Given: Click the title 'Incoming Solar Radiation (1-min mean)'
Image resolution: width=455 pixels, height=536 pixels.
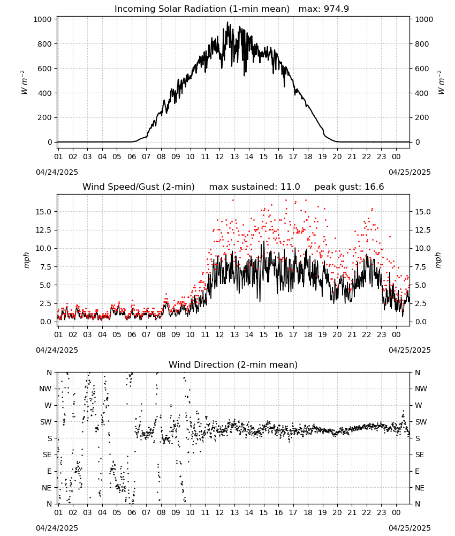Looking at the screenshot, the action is click(202, 9).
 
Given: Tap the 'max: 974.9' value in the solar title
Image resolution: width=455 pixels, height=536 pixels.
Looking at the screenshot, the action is click(324, 9).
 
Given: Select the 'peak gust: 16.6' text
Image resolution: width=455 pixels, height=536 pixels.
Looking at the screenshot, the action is click(349, 187).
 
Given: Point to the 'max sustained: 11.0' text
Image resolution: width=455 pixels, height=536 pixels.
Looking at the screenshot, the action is click(255, 187).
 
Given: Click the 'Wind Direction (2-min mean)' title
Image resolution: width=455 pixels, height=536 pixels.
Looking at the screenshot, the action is click(233, 364).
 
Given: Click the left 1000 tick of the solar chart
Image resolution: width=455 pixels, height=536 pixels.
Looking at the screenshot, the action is click(42, 19).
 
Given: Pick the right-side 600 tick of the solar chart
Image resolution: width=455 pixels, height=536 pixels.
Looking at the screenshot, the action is click(422, 69).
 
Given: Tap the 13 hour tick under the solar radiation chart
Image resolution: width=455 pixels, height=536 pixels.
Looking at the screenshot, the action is click(234, 157).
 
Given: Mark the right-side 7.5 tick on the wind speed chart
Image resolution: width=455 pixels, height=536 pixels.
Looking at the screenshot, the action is click(420, 267).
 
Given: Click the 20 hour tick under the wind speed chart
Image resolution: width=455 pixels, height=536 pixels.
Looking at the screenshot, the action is click(337, 334).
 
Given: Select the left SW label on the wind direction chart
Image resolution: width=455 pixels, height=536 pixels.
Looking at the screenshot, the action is click(46, 422).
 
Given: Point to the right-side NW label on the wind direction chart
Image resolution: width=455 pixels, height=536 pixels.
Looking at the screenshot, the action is click(421, 389).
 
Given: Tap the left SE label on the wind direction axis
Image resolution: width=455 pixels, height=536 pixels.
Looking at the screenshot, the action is click(47, 455).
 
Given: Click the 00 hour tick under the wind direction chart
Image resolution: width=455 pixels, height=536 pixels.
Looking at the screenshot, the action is click(396, 513).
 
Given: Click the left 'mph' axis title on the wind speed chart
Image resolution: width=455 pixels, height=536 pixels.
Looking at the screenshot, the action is click(27, 260).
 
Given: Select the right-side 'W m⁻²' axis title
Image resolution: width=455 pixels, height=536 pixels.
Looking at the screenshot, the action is click(441, 83).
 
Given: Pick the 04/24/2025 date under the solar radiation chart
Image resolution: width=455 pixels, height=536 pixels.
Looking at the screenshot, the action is click(57, 172).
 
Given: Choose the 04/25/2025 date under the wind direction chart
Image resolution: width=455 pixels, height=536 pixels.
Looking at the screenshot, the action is click(409, 528).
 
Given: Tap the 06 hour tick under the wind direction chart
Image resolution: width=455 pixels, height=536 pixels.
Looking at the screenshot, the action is click(132, 513).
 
